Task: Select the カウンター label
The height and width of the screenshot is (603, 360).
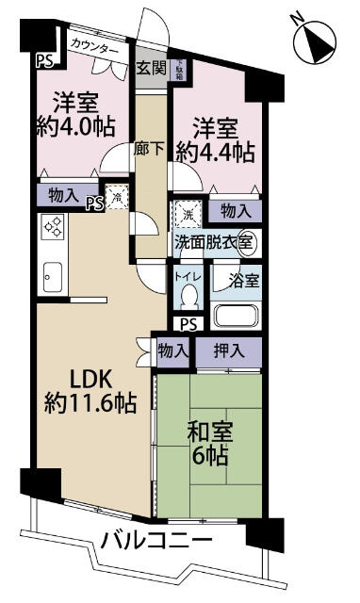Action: [95, 46]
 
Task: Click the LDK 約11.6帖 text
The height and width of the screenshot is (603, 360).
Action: [90, 391]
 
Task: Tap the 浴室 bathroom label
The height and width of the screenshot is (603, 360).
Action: [239, 280]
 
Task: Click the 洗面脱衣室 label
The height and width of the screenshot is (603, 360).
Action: [213, 242]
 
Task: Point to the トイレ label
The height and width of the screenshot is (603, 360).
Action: [187, 277]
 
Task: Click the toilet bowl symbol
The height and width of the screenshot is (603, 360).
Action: [188, 298]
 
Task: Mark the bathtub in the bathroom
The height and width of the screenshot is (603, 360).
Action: [236, 314]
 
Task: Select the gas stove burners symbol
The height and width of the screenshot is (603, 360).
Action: [53, 227]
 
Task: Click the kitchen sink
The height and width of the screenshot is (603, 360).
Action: [52, 278]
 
